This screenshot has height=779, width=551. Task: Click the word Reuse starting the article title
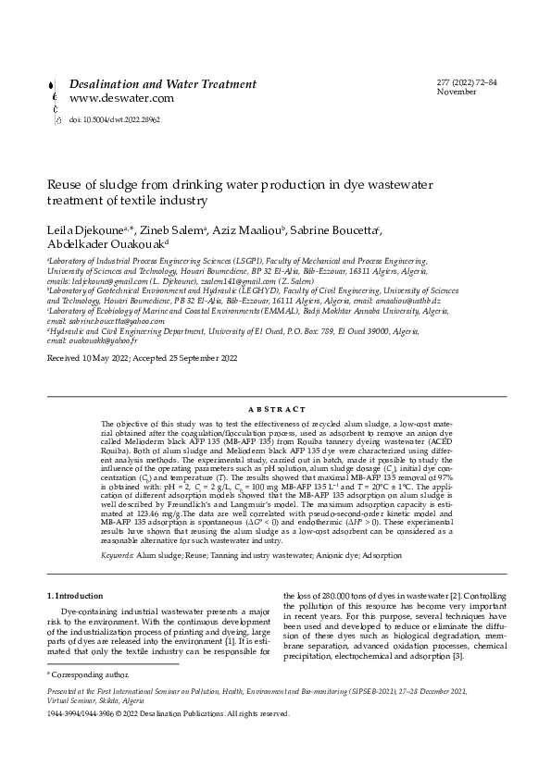[64, 184]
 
